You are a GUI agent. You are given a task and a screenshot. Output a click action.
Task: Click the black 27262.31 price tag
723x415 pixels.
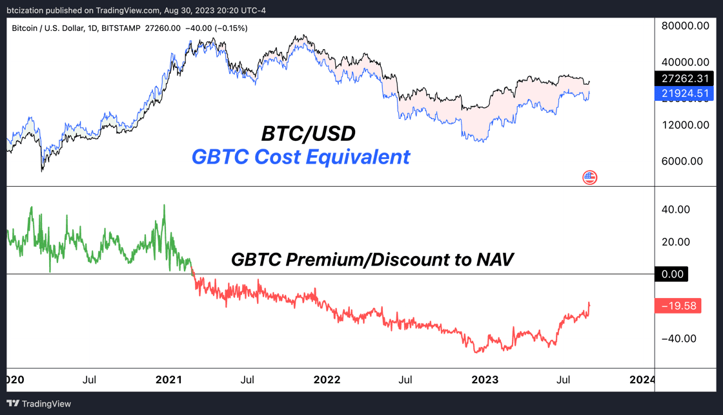pos(685,79)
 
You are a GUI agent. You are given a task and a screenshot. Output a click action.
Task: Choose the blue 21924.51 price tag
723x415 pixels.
pos(685,94)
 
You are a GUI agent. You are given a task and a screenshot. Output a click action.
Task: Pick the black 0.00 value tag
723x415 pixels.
pos(673,274)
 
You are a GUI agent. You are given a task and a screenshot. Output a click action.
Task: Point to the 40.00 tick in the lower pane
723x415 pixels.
pos(675,209)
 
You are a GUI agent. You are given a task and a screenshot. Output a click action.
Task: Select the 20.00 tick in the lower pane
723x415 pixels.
pos(675,242)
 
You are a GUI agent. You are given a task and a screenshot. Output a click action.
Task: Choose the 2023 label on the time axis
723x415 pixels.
pos(484,379)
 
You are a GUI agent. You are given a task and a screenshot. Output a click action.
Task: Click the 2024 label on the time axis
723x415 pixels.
pos(642,379)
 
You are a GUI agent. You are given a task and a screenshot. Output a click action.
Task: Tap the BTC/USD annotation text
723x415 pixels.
pos(308,134)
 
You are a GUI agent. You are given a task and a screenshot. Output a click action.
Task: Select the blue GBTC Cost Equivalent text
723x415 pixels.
pos(301,156)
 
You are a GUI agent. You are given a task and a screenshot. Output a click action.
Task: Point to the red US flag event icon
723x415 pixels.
pos(590,177)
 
